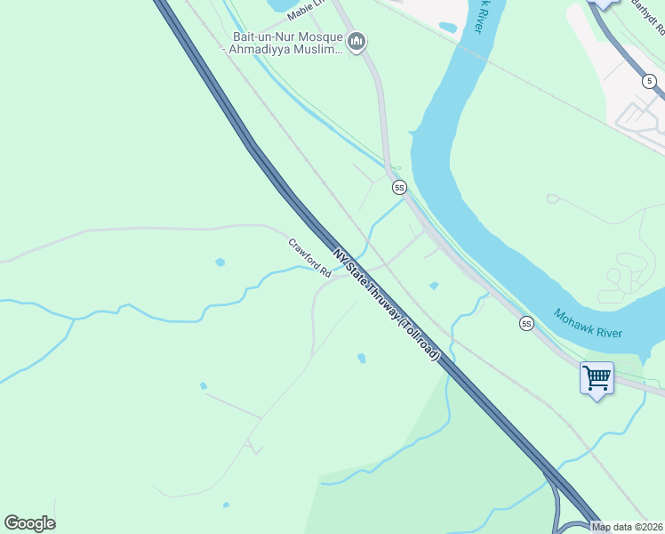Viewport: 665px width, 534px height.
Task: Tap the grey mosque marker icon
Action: (x=357, y=42)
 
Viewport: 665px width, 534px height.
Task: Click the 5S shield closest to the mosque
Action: (x=399, y=187)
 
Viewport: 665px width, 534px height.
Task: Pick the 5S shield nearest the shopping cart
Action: (x=526, y=324)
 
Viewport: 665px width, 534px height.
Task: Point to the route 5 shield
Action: (x=650, y=81)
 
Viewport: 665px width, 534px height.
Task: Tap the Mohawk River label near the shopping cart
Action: (x=588, y=323)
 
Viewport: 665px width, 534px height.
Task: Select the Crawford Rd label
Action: (x=309, y=257)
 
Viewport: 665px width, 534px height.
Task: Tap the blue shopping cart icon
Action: (x=597, y=377)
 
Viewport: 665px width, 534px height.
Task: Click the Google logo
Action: (x=29, y=523)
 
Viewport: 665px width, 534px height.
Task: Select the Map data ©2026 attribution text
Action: (x=627, y=527)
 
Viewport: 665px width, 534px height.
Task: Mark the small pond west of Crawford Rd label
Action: (x=220, y=263)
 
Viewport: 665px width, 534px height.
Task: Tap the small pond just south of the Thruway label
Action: (x=361, y=358)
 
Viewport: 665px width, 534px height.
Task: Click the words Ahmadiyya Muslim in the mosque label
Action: (x=285, y=50)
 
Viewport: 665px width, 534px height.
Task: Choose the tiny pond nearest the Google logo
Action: (x=226, y=505)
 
